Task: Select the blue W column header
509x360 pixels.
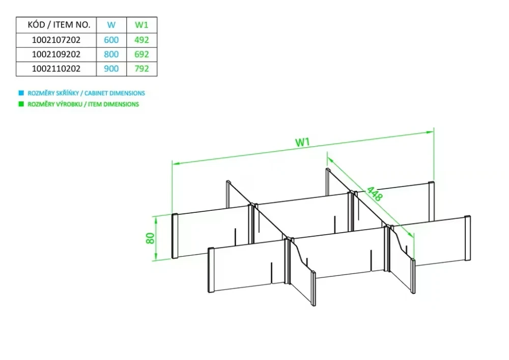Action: click(111, 24)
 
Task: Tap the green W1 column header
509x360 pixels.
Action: click(142, 24)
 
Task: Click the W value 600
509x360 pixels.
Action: click(111, 39)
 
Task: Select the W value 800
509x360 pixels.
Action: click(111, 54)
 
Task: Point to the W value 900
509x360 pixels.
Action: click(111, 68)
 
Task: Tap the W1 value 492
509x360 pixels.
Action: click(142, 39)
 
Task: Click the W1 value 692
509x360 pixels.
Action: click(142, 54)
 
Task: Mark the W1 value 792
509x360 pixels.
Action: click(142, 68)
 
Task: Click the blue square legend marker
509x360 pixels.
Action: click(21, 93)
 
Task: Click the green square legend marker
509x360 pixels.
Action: click(21, 104)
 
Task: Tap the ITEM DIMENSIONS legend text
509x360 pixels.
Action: click(82, 104)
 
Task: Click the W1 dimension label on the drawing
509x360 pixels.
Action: click(303, 143)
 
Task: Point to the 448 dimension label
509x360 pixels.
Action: click(374, 194)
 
